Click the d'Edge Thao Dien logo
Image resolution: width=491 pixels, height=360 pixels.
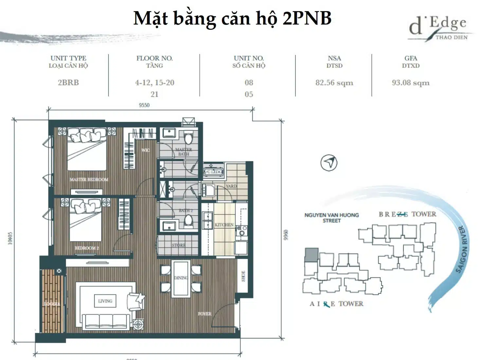439,29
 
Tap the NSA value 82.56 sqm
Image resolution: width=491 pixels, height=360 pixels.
334,83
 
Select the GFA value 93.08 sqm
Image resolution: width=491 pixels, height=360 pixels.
410,83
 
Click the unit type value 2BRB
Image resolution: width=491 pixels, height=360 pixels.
68,82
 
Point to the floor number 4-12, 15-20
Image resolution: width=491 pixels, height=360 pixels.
155,82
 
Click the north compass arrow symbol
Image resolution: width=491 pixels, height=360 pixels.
329,163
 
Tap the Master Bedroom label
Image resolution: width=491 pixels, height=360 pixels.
89,179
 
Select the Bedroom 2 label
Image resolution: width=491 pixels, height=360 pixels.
86,248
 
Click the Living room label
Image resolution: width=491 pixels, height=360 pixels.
105,301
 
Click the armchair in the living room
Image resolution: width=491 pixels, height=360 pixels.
137,301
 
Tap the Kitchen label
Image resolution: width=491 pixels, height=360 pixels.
224,225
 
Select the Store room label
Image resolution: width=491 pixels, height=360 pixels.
178,245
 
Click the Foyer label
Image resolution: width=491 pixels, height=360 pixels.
205,314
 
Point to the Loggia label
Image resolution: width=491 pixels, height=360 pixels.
52,304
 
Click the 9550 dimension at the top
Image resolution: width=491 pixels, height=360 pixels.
144,105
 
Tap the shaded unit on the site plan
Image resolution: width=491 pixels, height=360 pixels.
311,255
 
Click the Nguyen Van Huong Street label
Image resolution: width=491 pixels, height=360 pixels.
331,218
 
